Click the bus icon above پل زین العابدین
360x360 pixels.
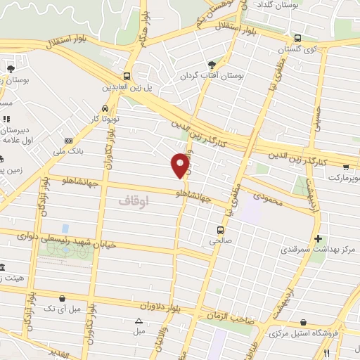(x=127, y=77)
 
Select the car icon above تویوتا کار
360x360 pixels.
(x=105, y=109)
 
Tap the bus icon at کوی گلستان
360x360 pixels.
(x=298, y=38)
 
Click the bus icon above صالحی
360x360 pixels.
(x=220, y=230)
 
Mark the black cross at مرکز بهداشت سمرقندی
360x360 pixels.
(x=319, y=239)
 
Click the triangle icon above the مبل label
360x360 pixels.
(x=139, y=321)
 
